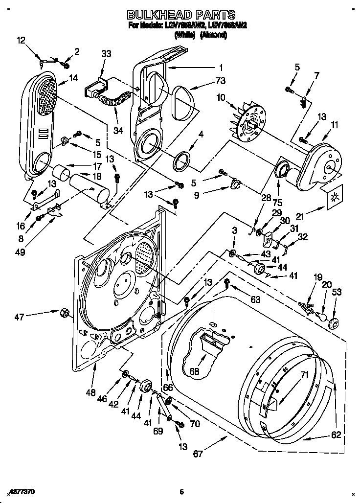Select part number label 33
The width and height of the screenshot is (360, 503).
point(107,54)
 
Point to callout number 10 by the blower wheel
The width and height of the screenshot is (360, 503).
point(221,98)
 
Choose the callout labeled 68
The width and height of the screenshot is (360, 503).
point(195,371)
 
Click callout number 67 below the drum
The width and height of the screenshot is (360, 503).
point(198,454)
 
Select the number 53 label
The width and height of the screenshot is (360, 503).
point(337,292)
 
